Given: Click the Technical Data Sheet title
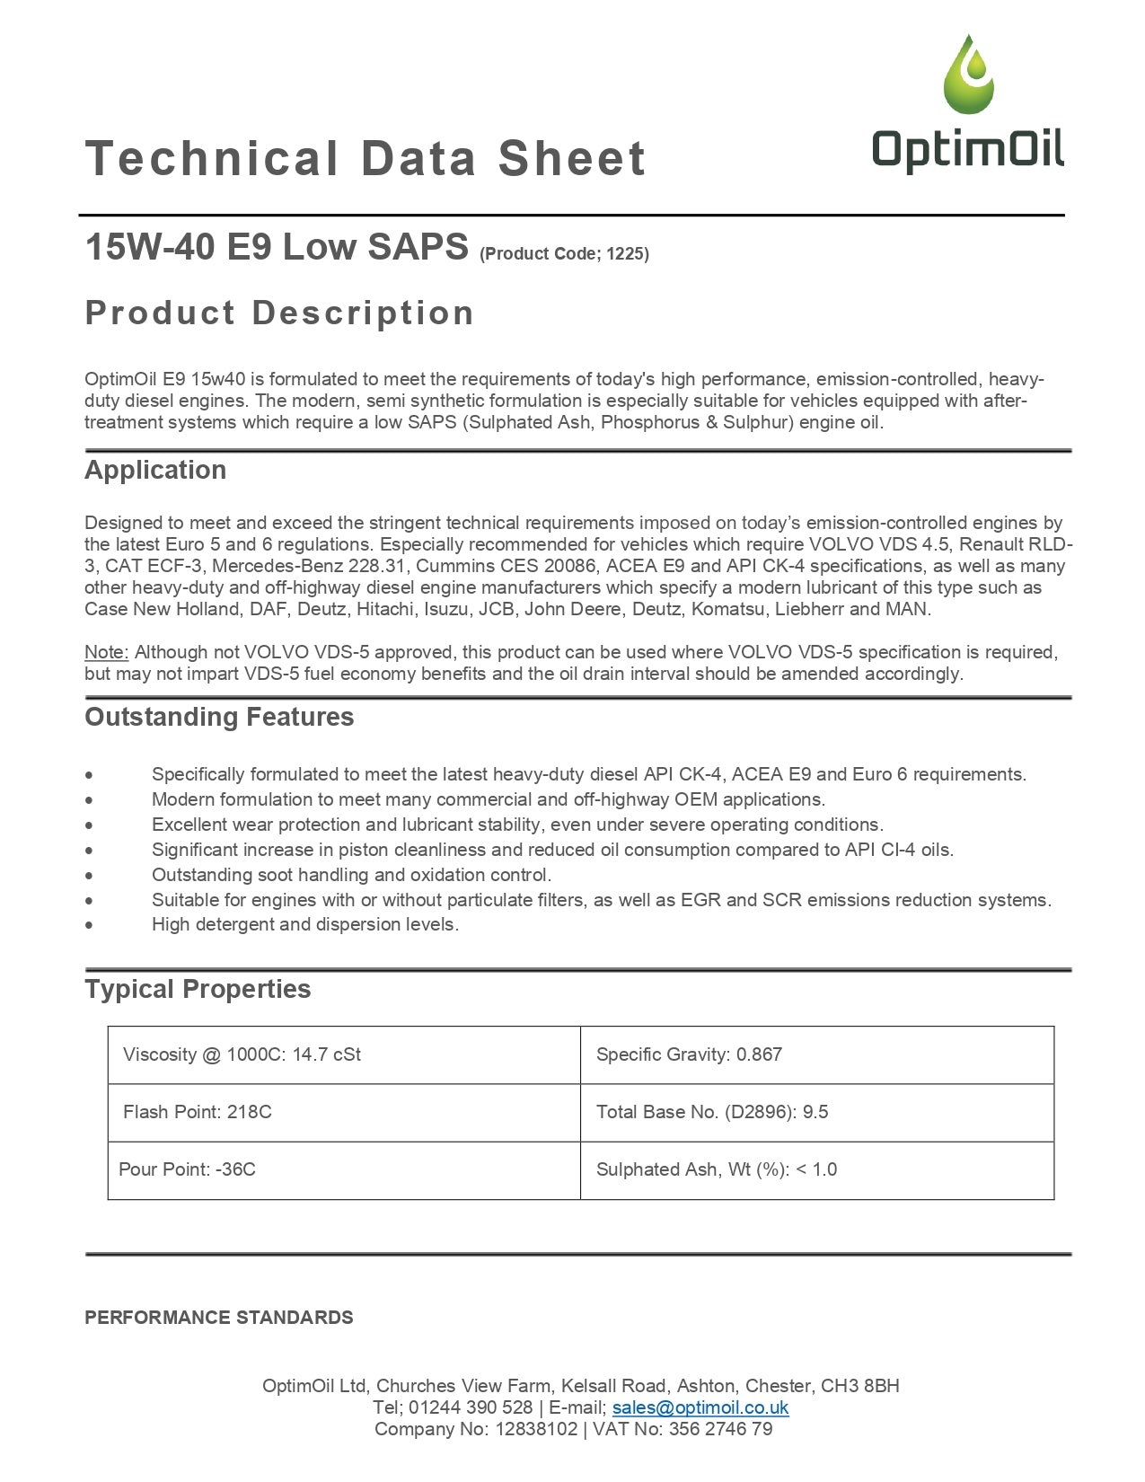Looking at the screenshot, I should coord(365,159).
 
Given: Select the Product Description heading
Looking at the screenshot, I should coord(279,313).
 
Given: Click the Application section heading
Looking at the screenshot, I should coord(155,470).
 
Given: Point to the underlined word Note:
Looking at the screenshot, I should coord(107,652).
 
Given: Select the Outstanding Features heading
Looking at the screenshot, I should coord(219,717).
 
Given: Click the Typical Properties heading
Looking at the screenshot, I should coord(198,989).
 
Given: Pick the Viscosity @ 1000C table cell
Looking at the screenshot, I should coord(344,1054).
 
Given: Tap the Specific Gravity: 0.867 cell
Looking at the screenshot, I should coord(816,1054).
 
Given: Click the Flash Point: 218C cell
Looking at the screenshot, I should coord(344,1112).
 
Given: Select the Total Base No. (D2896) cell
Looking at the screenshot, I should coord(816,1112).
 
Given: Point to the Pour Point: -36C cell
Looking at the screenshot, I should coord(344,1169).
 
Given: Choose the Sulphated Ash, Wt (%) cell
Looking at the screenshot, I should coord(816,1169).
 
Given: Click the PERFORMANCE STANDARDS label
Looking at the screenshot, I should coord(219,1318).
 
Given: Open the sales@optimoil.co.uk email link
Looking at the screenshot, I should coord(700,1407).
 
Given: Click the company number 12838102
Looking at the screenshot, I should coord(536,1429).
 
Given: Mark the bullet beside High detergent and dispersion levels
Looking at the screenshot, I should coord(89,925).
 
